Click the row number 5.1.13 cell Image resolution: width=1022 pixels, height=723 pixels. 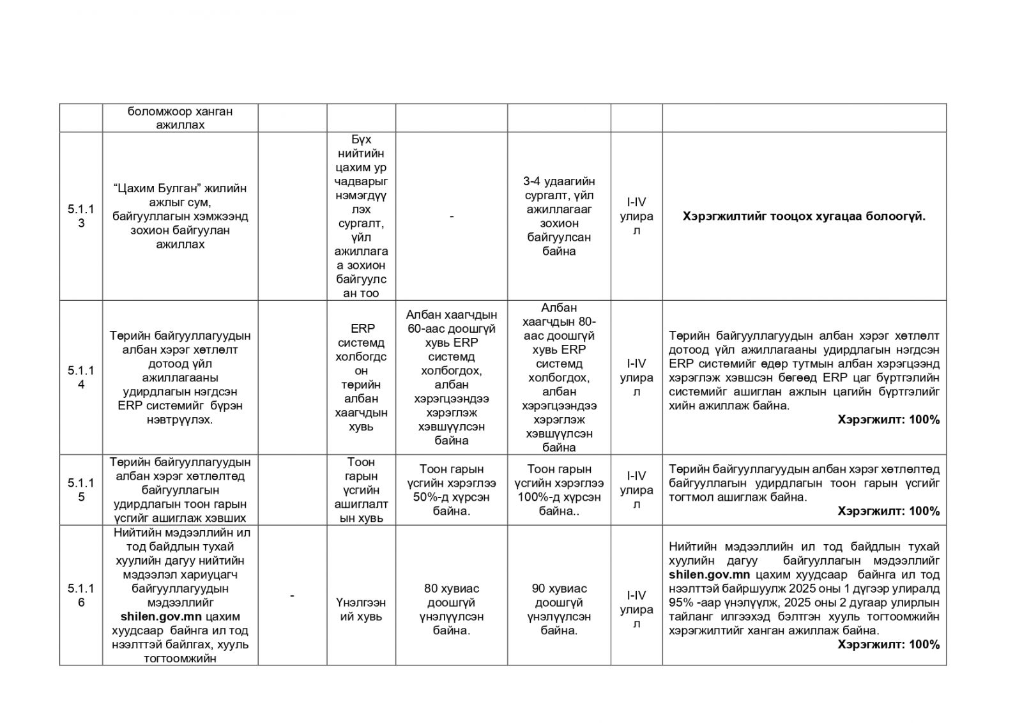pyautogui.click(x=81, y=216)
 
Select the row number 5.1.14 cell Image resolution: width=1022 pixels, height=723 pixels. pyautogui.click(x=81, y=377)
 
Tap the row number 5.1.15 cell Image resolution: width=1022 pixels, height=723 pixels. pyautogui.click(x=81, y=490)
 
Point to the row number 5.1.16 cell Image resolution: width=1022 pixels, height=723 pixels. pyautogui.click(x=81, y=595)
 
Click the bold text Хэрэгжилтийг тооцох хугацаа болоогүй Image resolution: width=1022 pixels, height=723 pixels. pyautogui.click(x=804, y=217)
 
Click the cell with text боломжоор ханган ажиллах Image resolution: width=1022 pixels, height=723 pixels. pyautogui.click(x=180, y=118)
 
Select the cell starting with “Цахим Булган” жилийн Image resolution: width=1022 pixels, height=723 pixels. pyautogui.click(x=180, y=216)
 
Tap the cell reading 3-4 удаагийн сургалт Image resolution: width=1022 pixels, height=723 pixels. pyautogui.click(x=559, y=216)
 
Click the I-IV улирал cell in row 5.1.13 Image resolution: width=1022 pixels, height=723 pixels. pyautogui.click(x=636, y=216)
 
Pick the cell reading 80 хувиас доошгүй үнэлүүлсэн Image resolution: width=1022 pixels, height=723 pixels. pyautogui.click(x=452, y=609)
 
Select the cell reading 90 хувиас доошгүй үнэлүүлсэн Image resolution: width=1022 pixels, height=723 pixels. pyautogui.click(x=559, y=609)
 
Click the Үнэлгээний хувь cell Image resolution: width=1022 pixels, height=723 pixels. pyautogui.click(x=361, y=609)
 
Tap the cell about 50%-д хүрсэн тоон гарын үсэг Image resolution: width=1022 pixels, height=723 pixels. pyautogui.click(x=452, y=490)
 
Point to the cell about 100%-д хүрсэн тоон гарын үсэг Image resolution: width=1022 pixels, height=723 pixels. pyautogui.click(x=559, y=490)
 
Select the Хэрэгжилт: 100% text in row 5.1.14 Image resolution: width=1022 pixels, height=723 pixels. pyautogui.click(x=889, y=420)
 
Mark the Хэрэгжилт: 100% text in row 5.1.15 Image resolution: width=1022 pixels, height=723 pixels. pyautogui.click(x=889, y=511)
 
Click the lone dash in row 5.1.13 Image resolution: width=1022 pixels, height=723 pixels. pyautogui.click(x=452, y=217)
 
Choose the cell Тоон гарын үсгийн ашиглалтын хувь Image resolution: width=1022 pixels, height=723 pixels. pyautogui.click(x=361, y=490)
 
